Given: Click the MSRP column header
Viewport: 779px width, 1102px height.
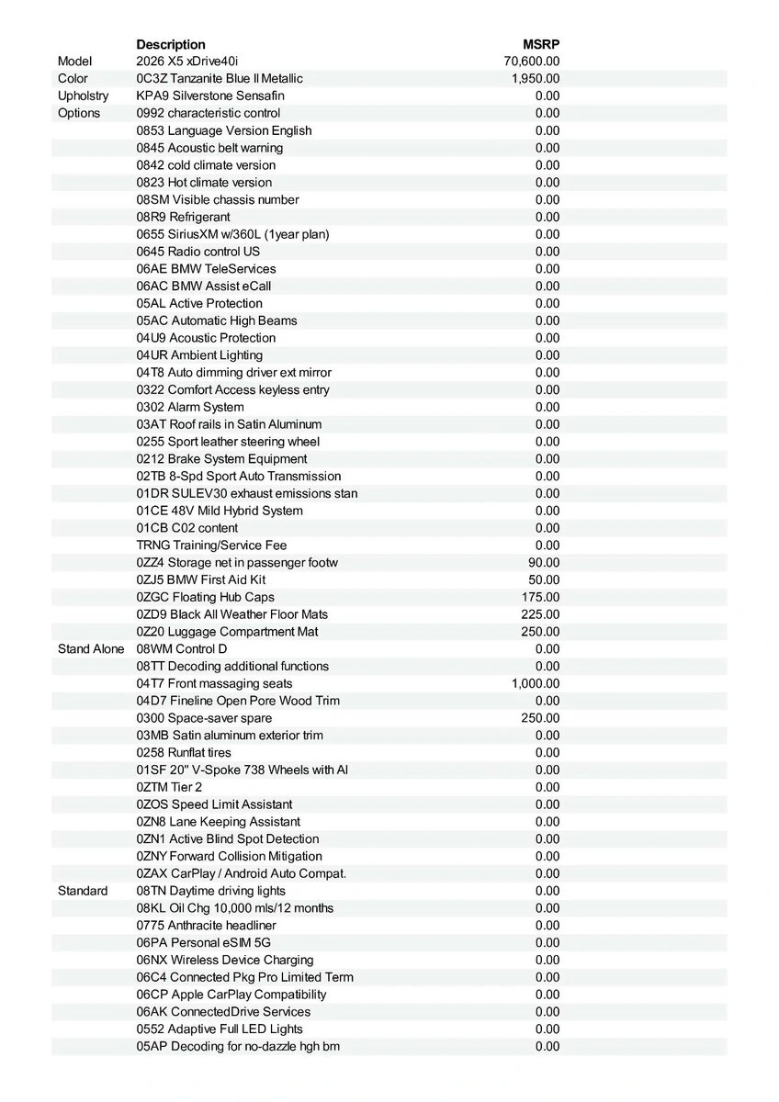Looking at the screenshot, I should [541, 44].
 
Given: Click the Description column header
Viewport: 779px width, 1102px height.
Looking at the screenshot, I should [171, 44].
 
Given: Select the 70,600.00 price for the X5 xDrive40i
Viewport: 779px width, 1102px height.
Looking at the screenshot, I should [532, 62].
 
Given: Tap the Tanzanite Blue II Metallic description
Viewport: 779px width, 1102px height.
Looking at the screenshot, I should [220, 79].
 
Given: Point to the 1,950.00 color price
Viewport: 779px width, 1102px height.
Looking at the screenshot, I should [536, 79].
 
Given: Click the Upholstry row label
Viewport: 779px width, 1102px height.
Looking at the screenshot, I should [83, 96].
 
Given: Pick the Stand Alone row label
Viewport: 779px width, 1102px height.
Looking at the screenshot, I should [90, 649].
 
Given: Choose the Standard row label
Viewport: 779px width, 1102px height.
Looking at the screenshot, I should [83, 891].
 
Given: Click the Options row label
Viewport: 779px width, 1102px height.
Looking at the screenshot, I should [79, 113].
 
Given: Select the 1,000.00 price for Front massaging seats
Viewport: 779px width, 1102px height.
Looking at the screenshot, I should [536, 683].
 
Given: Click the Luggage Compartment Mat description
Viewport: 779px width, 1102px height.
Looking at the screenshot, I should [227, 632].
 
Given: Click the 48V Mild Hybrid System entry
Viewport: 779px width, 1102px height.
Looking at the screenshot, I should [220, 511].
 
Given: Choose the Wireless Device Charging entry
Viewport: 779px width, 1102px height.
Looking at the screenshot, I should [225, 960].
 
